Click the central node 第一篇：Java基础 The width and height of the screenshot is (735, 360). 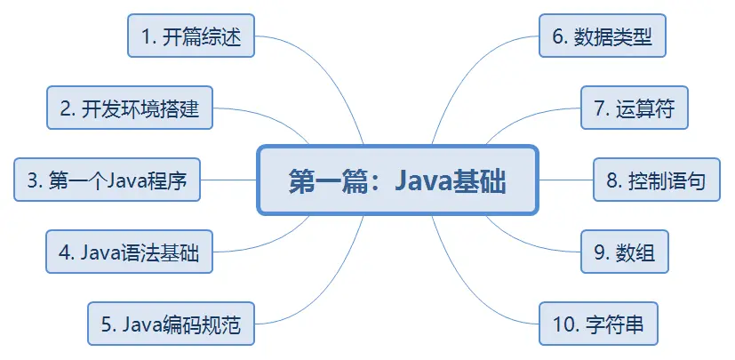pos(397,180)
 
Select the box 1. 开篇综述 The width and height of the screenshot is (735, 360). pos(191,36)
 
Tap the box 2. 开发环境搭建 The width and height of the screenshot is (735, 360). pos(130,108)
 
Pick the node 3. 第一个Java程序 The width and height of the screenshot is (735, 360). pos(107,180)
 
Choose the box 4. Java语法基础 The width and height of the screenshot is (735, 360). pos(130,252)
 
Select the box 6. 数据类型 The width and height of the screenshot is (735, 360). pos(603,36)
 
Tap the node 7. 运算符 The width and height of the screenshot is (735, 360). pos(634,108)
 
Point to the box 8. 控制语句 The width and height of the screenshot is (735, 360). pos(656,180)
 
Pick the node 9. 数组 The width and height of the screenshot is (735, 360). pos(624,252)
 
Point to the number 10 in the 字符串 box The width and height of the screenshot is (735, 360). pos(564,324)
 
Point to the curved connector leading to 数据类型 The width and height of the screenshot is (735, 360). pos(471,71)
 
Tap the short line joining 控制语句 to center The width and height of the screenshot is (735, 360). pos(566,180)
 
